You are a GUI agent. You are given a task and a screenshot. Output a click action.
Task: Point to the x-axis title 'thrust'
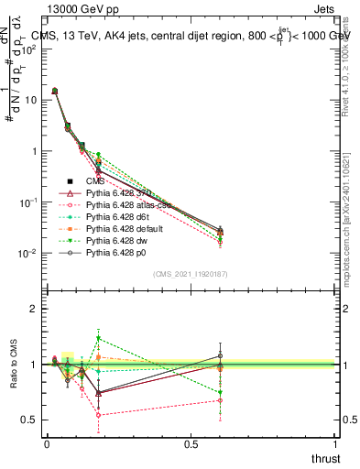[x=325, y=459]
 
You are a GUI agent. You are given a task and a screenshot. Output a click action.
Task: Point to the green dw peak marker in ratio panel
[x=98, y=338]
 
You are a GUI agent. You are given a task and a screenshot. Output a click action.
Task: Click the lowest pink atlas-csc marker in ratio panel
[x=98, y=415]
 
